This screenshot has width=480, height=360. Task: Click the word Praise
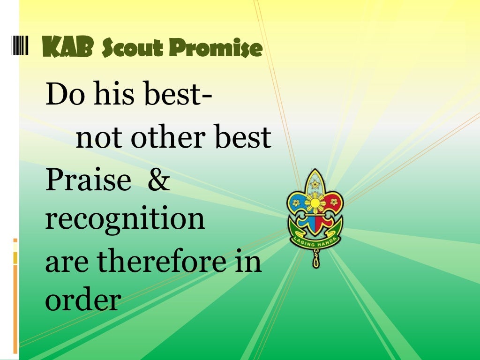pos(88,180)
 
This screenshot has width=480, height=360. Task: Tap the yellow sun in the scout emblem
pos(315,203)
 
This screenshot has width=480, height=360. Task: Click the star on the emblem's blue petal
pos(296,203)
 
